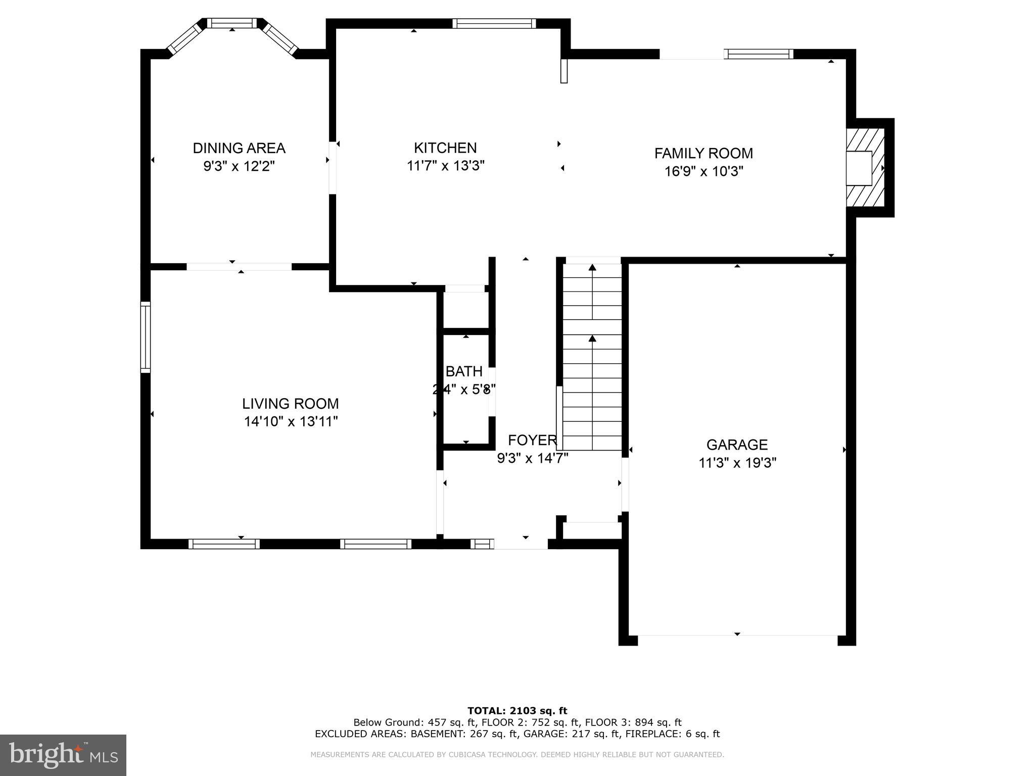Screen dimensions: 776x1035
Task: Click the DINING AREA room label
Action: tap(239, 148)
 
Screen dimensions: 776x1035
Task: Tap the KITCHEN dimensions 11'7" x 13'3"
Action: tap(445, 166)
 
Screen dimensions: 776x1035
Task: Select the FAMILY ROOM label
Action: tap(703, 153)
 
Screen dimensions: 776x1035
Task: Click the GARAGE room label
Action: tap(737, 445)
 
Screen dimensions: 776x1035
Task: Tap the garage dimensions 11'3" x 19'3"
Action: tap(737, 463)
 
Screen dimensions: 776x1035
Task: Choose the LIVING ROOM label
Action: tap(290, 404)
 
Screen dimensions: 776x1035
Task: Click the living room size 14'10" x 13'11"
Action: tap(291, 421)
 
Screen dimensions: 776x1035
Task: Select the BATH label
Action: tap(463, 371)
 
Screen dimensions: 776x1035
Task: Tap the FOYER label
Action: tap(532, 440)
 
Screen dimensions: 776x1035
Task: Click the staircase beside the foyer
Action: tap(592, 364)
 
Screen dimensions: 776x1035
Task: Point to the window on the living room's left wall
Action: tap(146, 337)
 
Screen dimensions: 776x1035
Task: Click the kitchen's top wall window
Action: tap(494, 23)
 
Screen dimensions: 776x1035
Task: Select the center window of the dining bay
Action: tap(232, 23)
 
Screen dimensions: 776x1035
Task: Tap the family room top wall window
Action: tap(758, 54)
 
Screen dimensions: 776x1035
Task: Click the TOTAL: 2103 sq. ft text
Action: tap(517, 711)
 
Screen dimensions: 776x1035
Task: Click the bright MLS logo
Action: tap(63, 755)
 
